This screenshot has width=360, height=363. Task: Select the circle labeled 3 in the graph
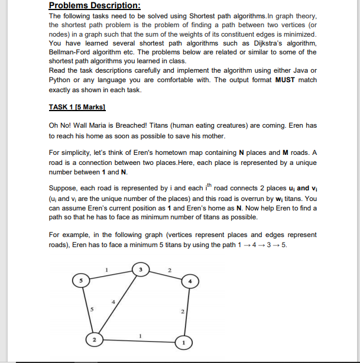140,270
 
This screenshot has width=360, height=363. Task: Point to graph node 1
183,342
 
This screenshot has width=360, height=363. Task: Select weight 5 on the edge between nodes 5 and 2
92,307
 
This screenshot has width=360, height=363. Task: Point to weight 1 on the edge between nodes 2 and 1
140,335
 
